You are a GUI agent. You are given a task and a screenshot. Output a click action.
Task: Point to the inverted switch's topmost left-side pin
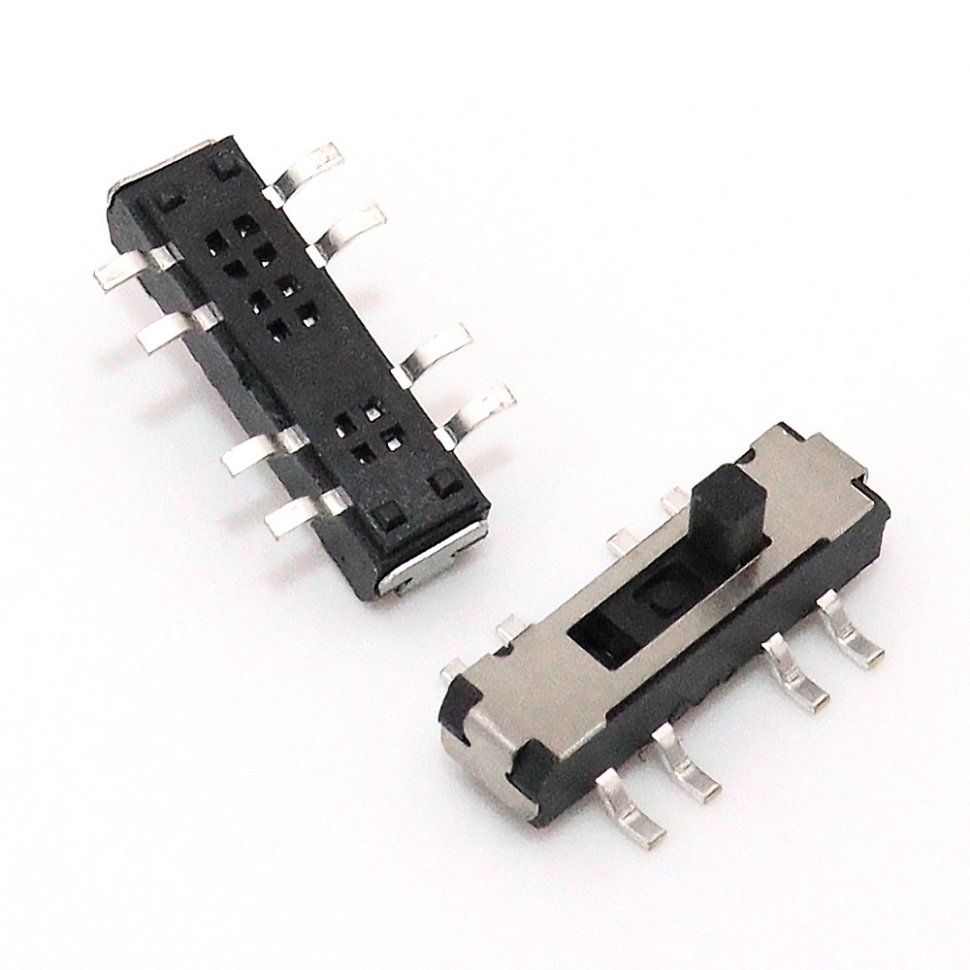point(126,266)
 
